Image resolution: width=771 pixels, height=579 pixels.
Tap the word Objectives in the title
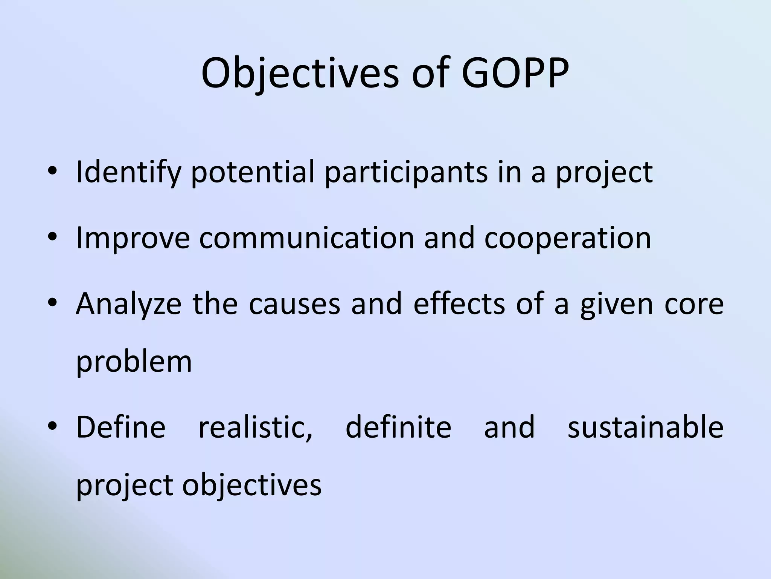click(x=300, y=74)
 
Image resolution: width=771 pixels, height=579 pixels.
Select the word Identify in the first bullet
click(x=128, y=173)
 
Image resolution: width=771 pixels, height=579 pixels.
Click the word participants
click(x=406, y=173)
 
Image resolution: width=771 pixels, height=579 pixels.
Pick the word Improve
click(x=133, y=238)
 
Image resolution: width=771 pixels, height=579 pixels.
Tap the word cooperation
click(x=567, y=238)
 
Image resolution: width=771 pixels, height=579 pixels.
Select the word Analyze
click(x=128, y=304)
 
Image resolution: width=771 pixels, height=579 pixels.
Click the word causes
click(x=294, y=304)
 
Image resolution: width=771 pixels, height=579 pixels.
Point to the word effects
click(x=459, y=304)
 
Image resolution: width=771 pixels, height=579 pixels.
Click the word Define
click(x=121, y=427)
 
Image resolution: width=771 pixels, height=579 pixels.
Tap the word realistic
click(x=255, y=427)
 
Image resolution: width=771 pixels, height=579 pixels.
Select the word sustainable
click(x=645, y=427)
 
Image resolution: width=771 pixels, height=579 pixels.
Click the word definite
click(x=398, y=427)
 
